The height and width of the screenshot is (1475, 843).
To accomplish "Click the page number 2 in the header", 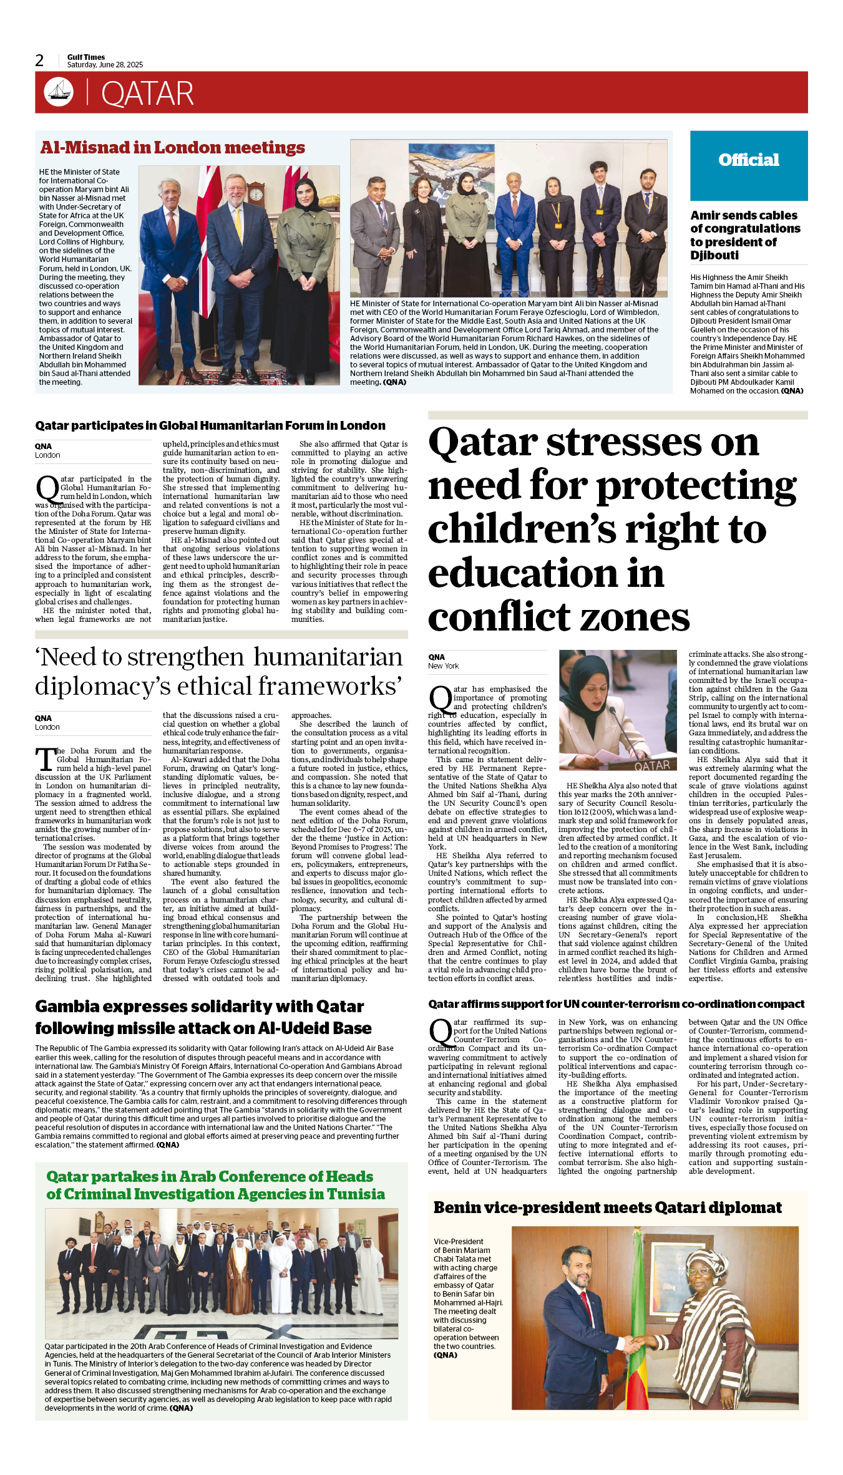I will (39, 60).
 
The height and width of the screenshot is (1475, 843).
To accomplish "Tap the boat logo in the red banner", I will (59, 92).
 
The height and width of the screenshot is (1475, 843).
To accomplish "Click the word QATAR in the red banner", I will (147, 94).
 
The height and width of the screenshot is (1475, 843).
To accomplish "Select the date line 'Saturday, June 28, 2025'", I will (105, 65).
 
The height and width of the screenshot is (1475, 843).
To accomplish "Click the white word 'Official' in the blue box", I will (748, 160).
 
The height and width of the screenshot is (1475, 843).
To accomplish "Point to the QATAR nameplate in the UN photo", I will (651, 765).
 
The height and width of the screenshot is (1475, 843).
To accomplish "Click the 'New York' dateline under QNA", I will (443, 666).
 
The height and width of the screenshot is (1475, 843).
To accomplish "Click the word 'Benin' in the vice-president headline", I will (459, 1207).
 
